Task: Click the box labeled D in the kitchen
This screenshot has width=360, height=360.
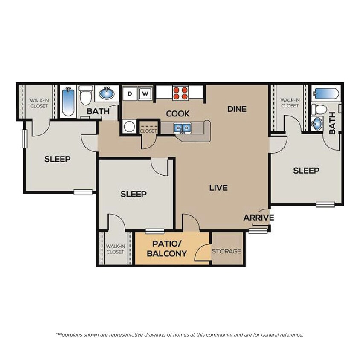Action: coord(131,93)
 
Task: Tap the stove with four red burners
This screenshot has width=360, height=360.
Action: coord(180,93)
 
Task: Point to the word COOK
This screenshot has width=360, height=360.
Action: coord(178,114)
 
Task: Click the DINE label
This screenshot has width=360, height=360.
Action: coord(237,109)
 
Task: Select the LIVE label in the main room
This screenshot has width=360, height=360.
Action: coord(218,188)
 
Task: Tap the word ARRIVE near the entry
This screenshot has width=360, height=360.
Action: coord(258,218)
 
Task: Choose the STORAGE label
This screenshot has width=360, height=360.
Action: coord(226,251)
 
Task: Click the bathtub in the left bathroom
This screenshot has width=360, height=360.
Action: coord(68,102)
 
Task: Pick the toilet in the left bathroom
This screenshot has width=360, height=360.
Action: coord(86,96)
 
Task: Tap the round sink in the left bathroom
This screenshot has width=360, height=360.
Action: coord(107,93)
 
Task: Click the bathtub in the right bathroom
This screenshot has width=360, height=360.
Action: coord(326,93)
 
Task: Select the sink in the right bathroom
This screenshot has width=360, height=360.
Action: coord(317,124)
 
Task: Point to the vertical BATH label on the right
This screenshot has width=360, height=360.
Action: coord(332,126)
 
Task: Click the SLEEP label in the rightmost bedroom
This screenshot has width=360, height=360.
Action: coord(306,171)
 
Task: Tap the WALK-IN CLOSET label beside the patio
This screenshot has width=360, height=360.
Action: coord(115,249)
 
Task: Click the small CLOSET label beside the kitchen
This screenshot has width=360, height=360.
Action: coord(148,131)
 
